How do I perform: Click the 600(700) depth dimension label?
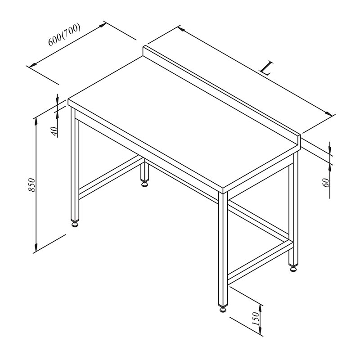(64, 35)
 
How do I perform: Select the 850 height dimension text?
(31, 185)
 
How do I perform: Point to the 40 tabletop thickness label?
(54, 131)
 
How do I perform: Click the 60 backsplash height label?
(326, 183)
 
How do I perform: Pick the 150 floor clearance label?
(256, 319)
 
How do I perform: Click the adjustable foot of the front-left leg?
(75, 224)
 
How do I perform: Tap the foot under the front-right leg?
(223, 309)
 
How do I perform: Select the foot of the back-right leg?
(293, 268)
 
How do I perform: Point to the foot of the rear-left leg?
(144, 184)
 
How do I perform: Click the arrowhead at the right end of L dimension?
(328, 114)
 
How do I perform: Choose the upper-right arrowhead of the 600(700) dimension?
(102, 25)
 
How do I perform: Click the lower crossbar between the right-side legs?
(260, 262)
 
